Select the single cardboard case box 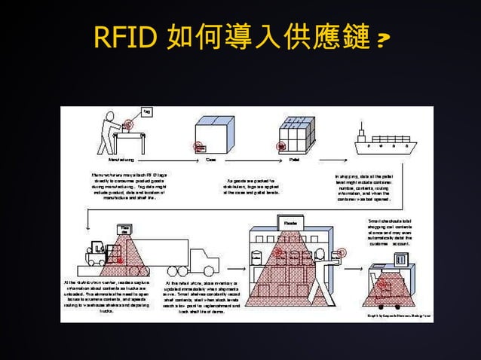pos(212,134)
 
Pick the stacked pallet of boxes pos(296,136)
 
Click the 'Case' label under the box pos(212,160)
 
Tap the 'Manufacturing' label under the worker pos(121,160)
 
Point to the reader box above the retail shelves pos(290,223)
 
